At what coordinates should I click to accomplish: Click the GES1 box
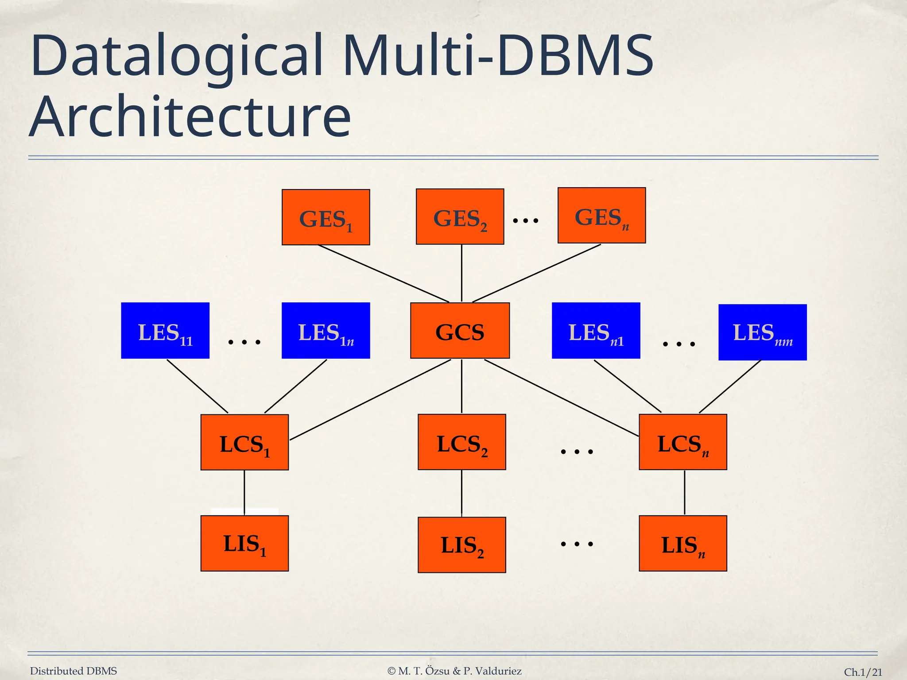pos(326,217)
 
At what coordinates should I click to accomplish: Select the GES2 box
pos(460,216)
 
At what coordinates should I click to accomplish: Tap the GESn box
pos(601,216)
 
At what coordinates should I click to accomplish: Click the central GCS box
pos(460,331)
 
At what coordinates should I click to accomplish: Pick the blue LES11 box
pos(165,331)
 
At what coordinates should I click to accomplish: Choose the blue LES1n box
pos(326,331)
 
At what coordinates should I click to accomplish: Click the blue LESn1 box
pos(596,331)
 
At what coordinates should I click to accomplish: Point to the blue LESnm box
pos(762,332)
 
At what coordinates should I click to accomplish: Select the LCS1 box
pos(244,442)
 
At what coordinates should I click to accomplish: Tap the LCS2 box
pos(461,442)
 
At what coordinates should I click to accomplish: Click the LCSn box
pos(682,442)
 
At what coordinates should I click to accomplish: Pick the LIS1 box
pos(244,543)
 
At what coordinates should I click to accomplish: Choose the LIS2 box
pos(461,545)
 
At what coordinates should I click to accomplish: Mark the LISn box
pos(682,543)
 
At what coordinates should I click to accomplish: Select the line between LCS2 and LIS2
pos(461,493)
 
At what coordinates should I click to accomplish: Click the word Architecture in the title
pos(190,116)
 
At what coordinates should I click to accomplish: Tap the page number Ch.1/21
pos(863,672)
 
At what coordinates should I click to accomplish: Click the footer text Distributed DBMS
pos(74,671)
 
